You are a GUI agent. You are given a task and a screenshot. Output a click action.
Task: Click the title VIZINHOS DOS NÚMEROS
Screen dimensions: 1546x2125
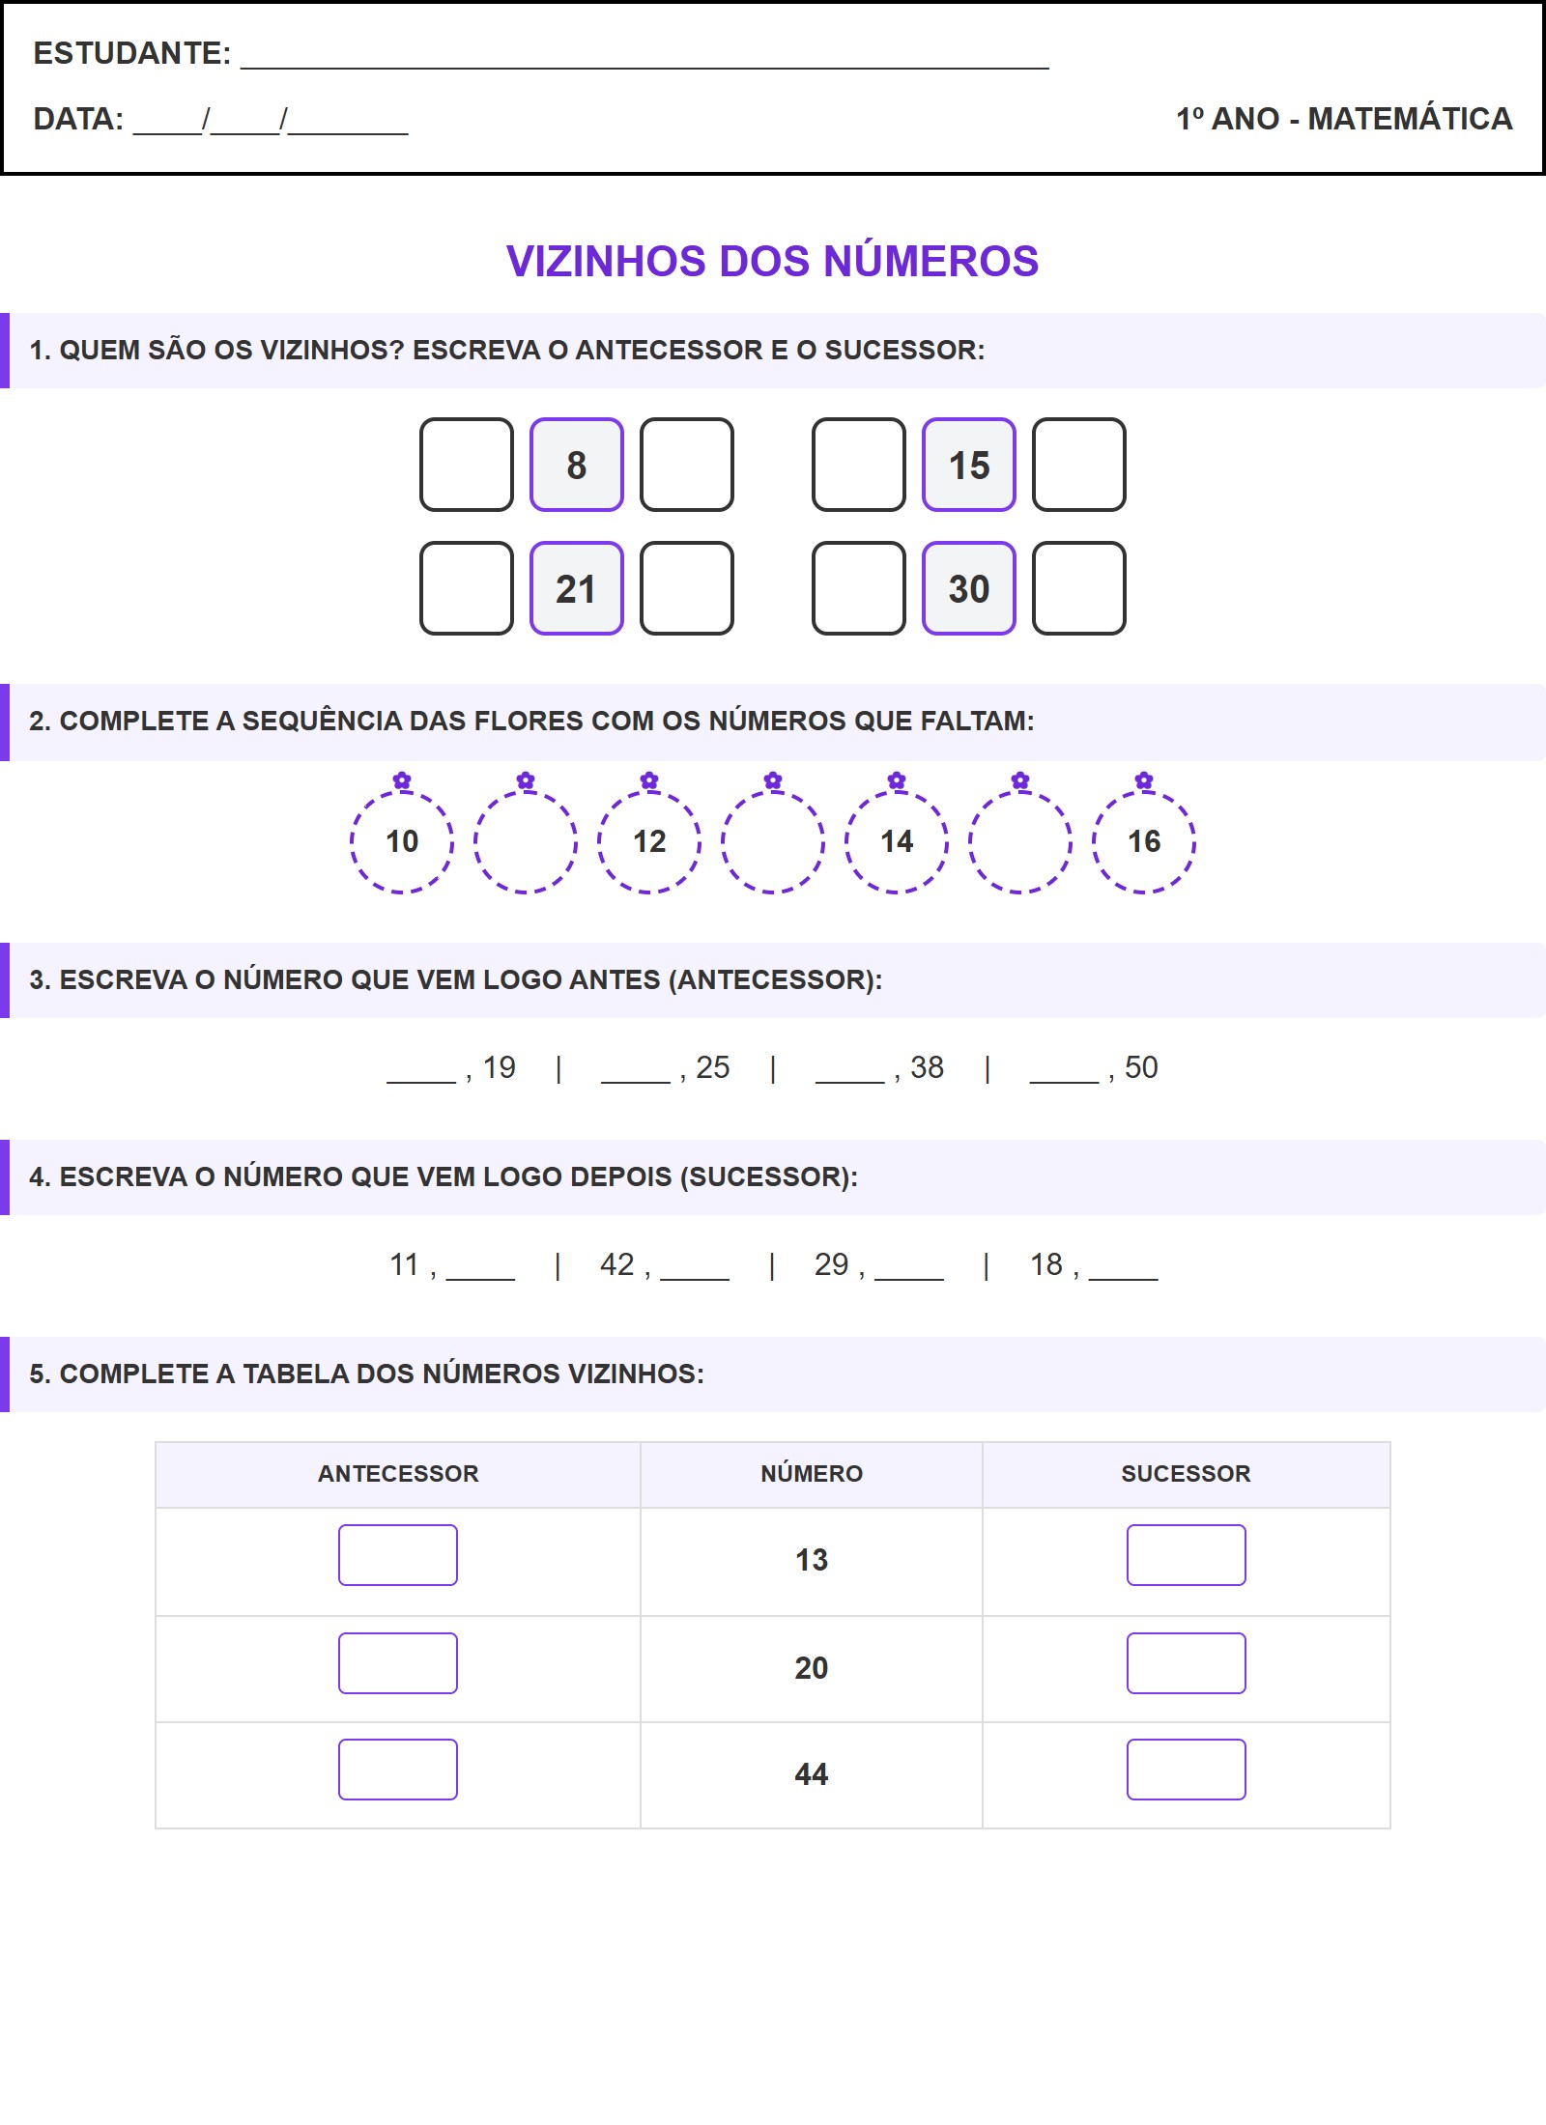coord(772,262)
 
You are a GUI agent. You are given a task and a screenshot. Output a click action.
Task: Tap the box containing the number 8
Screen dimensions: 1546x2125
coord(577,465)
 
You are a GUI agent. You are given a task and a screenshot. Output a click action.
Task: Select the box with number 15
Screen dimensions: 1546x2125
coord(969,465)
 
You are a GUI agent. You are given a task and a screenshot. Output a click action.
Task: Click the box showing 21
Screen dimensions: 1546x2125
coord(577,588)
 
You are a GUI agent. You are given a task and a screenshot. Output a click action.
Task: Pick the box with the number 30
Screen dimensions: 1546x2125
coord(969,588)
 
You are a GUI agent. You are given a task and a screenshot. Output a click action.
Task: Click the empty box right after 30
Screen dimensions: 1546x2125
coord(1079,588)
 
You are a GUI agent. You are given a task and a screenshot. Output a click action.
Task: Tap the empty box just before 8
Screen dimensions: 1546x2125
coord(467,465)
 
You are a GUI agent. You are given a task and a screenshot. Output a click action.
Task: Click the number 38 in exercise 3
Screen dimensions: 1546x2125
coord(927,1067)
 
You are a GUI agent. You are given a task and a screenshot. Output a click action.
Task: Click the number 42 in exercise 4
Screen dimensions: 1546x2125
coord(617,1264)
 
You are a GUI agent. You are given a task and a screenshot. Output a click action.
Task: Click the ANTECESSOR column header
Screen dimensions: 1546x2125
coord(398,1474)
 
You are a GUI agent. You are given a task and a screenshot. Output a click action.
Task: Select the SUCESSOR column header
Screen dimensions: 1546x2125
coord(1186,1474)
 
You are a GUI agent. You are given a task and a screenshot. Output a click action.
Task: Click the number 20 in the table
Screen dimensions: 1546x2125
coord(812,1668)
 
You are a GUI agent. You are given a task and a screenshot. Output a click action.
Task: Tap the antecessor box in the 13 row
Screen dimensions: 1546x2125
coord(398,1555)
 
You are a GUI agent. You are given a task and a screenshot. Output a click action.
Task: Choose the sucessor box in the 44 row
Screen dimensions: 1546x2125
coord(1187,1770)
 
